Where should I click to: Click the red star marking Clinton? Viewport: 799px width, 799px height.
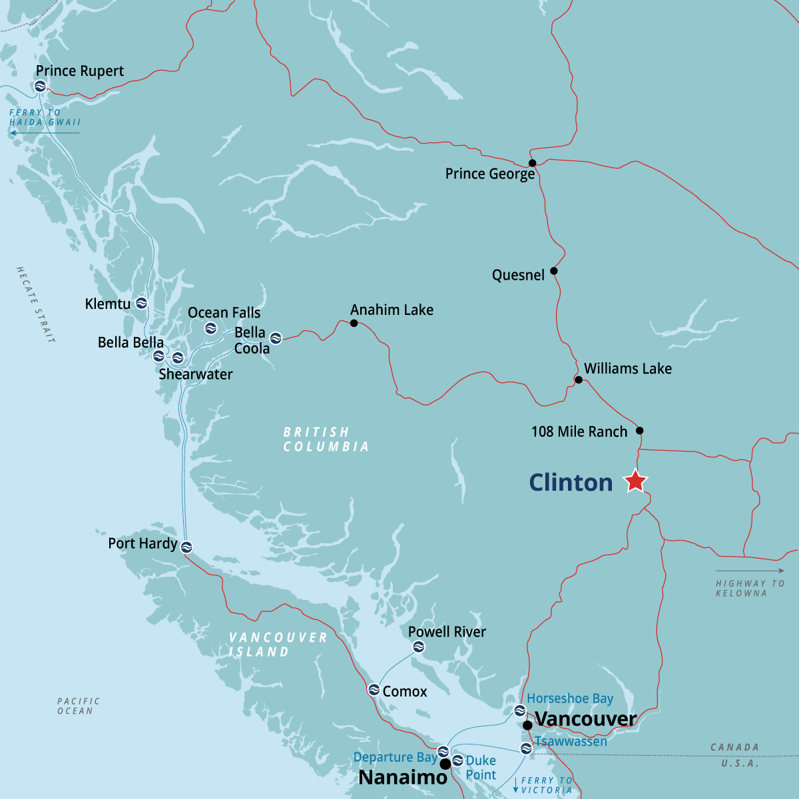coord(636,481)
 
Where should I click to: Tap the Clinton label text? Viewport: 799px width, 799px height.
coord(571,483)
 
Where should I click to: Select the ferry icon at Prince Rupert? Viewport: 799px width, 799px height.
coord(40,86)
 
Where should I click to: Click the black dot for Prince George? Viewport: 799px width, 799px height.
coord(532,163)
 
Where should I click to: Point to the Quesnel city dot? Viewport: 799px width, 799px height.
coord(554,271)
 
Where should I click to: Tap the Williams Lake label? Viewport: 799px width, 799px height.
coord(627,369)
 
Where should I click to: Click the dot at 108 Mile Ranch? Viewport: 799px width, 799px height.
coord(640,431)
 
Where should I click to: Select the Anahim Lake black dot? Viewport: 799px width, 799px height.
coord(354,324)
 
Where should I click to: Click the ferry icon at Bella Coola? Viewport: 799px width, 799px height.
coord(276,338)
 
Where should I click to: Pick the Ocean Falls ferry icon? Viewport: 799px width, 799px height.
coord(210,328)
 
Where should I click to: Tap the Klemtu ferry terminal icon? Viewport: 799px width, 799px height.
coord(141,304)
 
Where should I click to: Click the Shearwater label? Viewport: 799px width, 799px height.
coord(196,374)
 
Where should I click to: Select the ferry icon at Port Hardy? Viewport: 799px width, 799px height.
coord(186,547)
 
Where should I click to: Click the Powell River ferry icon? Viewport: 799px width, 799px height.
coord(418,647)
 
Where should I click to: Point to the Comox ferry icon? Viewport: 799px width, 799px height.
coord(374,690)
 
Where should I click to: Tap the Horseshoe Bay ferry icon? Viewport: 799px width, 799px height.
coord(519,710)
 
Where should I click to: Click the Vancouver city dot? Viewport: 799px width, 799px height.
coord(527,725)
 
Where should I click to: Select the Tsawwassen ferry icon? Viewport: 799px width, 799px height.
coord(526,748)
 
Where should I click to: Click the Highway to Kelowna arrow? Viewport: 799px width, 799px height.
coord(750,571)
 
